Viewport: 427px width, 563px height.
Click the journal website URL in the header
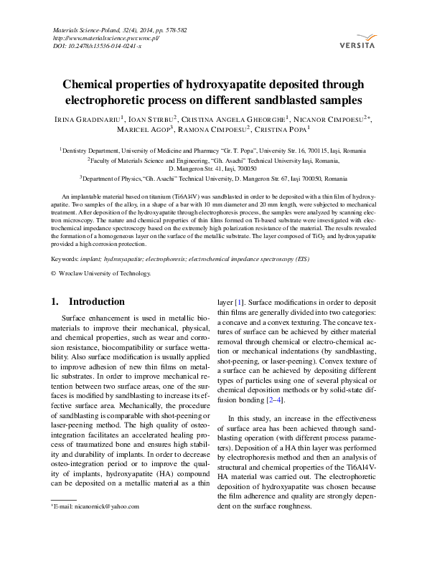coord(106,38)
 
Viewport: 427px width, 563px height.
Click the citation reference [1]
coord(240,303)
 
